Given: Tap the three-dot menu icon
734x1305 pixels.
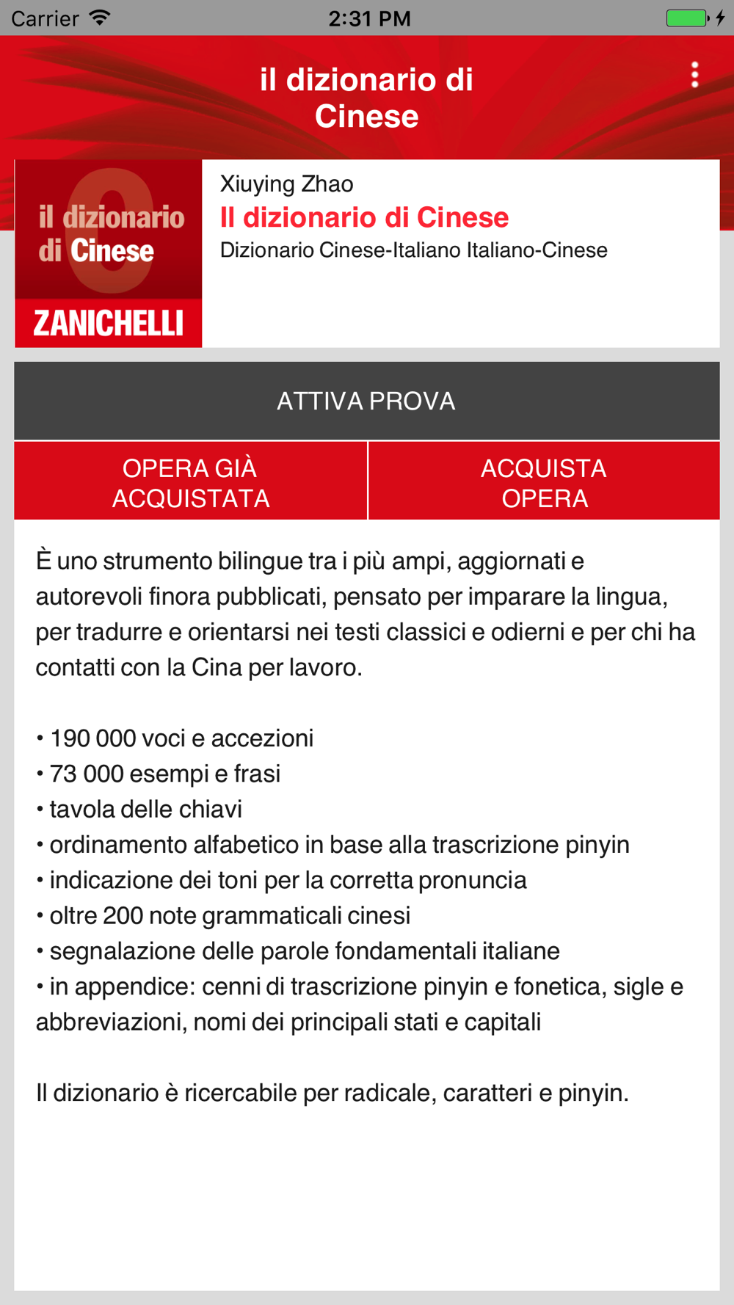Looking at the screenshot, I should (694, 75).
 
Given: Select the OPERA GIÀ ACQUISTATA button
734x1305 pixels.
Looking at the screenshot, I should (191, 482).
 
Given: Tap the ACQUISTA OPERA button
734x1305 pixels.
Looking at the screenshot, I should (544, 482).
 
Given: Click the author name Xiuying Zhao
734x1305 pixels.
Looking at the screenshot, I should (287, 183).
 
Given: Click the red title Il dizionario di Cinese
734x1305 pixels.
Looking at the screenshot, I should (364, 217).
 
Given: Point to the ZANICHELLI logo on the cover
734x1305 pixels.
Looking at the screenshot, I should (109, 323).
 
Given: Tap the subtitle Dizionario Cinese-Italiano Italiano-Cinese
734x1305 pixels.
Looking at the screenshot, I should (414, 250).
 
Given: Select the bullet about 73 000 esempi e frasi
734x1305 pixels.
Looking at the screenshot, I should (164, 774).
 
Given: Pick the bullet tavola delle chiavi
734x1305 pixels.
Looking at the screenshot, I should (145, 809).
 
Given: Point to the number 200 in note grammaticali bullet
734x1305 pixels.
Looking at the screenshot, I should (123, 915).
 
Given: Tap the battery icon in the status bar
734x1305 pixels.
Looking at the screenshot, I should (686, 18).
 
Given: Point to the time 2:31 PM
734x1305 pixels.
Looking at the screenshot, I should (369, 18).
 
